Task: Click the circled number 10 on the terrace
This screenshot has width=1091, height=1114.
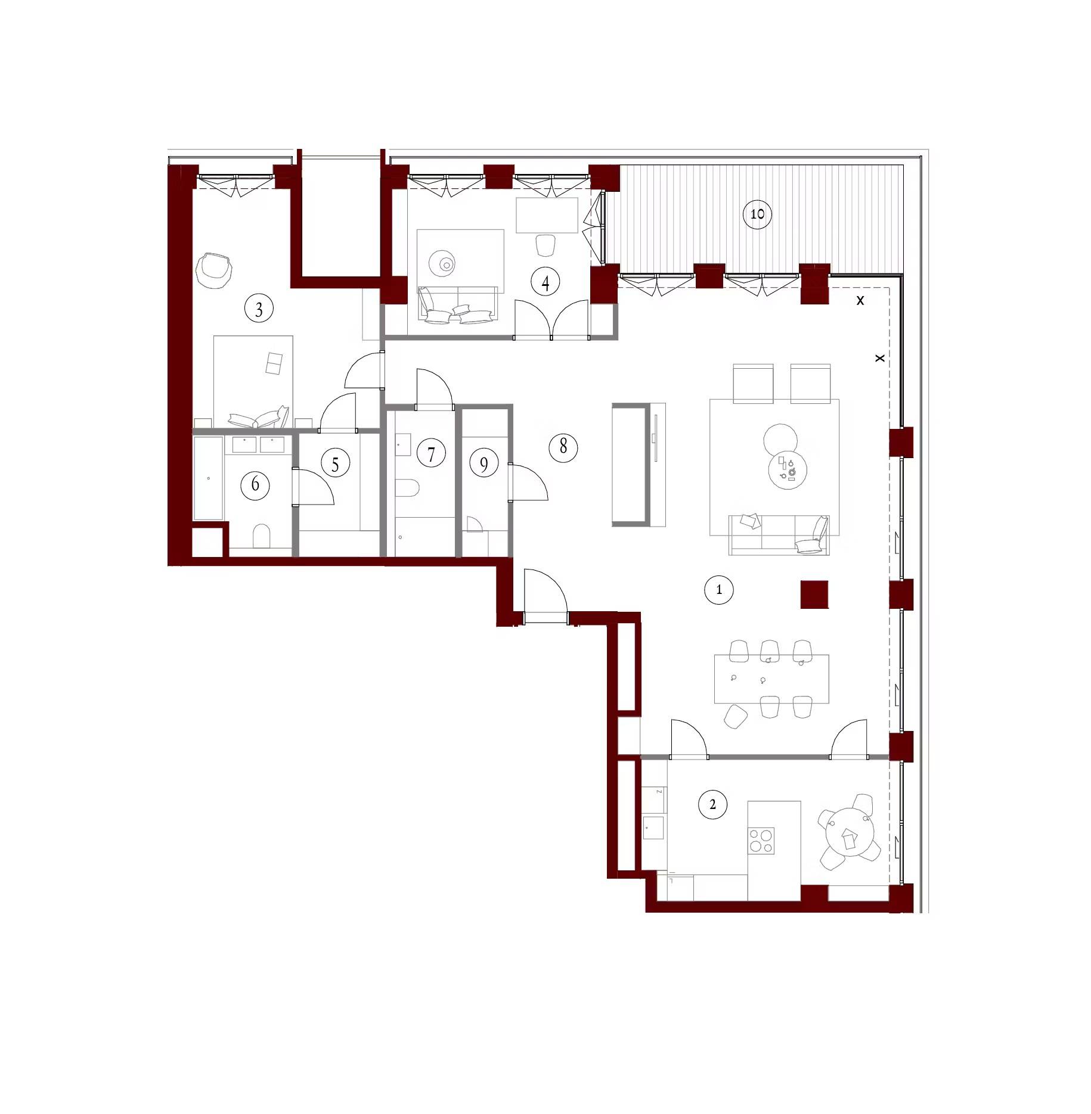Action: point(757,214)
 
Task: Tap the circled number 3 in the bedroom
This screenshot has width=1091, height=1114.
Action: point(259,309)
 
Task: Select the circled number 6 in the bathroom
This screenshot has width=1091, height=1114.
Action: point(255,484)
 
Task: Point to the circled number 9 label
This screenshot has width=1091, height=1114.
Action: point(483,464)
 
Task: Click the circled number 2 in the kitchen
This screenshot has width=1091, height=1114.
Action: point(712,805)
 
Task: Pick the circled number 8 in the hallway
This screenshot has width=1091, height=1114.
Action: point(563,447)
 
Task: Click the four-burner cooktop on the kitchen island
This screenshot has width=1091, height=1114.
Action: point(761,842)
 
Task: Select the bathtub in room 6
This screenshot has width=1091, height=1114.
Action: point(208,478)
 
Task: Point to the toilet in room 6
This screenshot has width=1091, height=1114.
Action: point(261,536)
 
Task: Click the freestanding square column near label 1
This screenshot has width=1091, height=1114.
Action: point(814,595)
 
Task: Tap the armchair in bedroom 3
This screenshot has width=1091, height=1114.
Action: point(213,270)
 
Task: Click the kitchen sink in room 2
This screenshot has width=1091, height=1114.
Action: point(653,827)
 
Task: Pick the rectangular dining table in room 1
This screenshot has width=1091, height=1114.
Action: point(771,679)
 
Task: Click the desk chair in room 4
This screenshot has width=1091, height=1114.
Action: point(545,245)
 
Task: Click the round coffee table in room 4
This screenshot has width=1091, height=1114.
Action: point(443,262)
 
